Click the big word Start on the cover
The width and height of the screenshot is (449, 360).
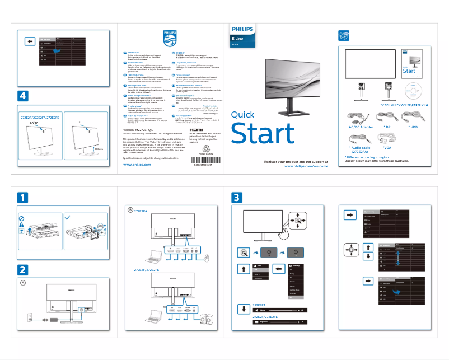[263, 134]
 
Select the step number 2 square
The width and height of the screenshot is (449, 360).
[22, 269]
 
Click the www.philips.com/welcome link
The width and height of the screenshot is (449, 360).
[306, 166]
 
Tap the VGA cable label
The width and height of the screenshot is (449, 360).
[386, 147]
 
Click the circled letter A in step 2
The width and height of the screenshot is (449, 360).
[23, 283]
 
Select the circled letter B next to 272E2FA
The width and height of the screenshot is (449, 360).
[130, 210]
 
